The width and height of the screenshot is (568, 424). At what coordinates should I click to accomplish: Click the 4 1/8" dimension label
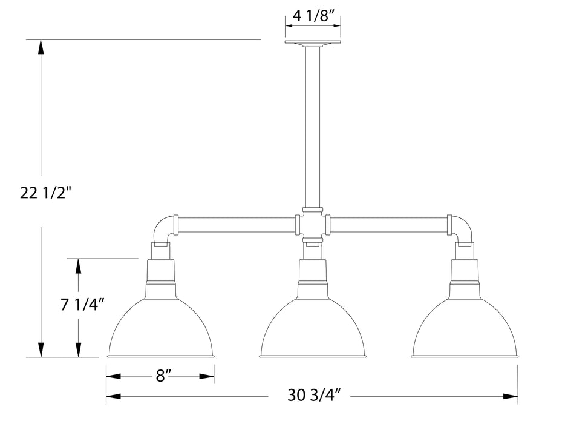click(312, 16)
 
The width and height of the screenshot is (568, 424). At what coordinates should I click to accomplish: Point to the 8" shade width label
click(160, 376)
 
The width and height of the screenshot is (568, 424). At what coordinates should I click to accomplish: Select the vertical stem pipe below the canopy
click(312, 127)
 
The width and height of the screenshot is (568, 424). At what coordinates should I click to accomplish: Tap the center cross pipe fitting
click(312, 225)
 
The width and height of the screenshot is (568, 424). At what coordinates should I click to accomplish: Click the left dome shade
click(160, 327)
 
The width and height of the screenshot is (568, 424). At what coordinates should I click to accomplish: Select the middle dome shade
click(312, 327)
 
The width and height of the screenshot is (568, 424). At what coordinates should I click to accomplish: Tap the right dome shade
click(464, 327)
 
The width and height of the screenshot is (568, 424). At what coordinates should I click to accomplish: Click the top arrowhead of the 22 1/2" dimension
click(41, 47)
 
